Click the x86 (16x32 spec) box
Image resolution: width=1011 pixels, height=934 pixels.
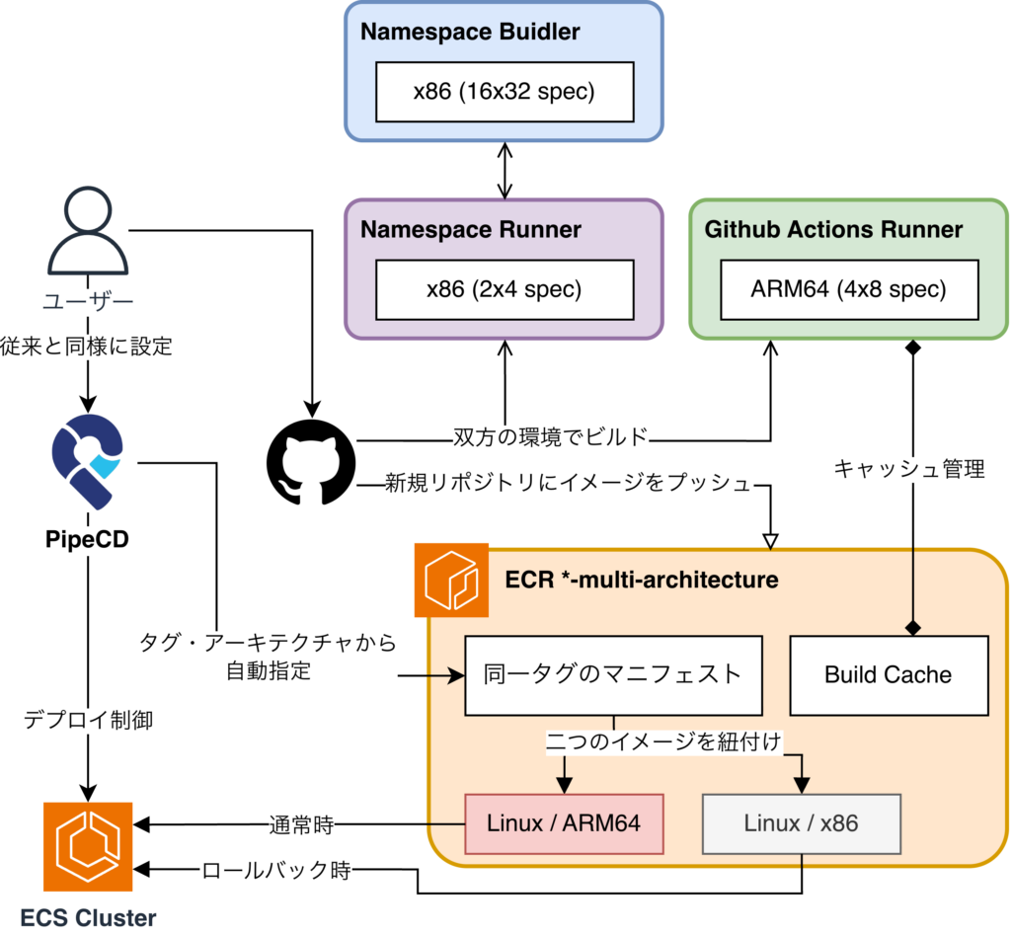505,92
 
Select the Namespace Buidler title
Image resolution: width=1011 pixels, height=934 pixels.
470,32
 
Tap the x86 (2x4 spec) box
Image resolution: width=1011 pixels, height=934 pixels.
505,289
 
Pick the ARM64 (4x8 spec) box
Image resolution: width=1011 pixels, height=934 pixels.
849,289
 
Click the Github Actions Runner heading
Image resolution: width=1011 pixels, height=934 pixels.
833,230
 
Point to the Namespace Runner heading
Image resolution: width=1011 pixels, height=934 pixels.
471,230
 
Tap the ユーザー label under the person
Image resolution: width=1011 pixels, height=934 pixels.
88,301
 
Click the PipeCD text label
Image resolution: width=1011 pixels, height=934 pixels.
88,539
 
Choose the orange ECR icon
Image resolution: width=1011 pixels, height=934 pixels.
451,580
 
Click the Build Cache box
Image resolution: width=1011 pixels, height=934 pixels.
889,675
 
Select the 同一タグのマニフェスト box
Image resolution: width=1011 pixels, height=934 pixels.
613,675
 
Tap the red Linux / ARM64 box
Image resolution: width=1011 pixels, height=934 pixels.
564,823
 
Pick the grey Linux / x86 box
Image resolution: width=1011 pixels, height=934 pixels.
801,823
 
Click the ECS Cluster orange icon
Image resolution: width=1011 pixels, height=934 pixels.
88,847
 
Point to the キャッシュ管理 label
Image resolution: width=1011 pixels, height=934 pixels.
909,469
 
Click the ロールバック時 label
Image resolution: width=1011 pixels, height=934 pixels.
276,872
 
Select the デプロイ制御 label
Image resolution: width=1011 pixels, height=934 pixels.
89,721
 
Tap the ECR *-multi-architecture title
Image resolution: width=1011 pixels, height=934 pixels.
642,580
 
